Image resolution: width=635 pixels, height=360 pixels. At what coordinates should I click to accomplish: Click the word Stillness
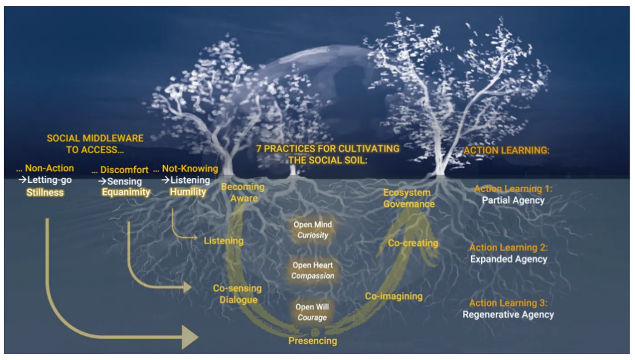pos(45,192)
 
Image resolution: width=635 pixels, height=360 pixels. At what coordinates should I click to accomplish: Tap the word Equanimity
pos(126,192)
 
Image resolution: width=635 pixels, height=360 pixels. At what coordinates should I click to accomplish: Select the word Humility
pos(188,192)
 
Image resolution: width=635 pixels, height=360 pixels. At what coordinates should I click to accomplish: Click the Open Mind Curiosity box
pos(313,229)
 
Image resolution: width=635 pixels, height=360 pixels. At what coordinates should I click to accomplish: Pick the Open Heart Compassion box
pos(313,270)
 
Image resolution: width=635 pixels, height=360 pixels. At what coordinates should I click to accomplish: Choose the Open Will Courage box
pos(312,312)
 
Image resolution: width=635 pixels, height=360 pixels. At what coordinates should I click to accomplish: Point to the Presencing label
pos(313,341)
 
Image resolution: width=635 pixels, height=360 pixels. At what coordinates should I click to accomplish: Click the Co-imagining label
pos(394,297)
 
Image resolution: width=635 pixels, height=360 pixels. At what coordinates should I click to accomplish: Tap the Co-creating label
pos(413,243)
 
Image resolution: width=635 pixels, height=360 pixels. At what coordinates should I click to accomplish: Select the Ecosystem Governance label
pos(409,198)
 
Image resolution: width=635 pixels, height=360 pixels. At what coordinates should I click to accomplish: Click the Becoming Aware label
pos(242,192)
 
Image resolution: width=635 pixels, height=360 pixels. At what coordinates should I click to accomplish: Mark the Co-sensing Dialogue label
pos(237,294)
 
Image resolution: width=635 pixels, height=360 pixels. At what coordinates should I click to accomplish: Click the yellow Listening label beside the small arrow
pos(224,241)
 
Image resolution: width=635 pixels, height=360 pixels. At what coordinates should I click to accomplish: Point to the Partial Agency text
pos(513,200)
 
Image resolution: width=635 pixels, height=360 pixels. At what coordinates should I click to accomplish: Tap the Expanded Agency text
pos(508,259)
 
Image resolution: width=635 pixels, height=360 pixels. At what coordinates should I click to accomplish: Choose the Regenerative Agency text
pos(508,314)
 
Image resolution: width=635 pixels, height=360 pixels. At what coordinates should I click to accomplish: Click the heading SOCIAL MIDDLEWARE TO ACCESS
pos(95,144)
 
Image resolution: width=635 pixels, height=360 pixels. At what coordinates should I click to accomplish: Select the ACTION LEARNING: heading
pos(506,151)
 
